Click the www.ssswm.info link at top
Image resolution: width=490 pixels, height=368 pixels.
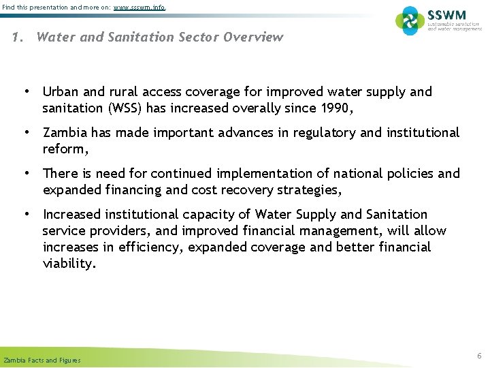click(x=140, y=7)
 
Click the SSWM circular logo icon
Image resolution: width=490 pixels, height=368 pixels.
click(x=410, y=21)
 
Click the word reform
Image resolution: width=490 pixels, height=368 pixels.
click(x=64, y=149)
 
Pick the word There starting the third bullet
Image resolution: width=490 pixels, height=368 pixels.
click(x=60, y=173)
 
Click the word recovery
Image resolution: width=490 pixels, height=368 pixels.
click(x=250, y=189)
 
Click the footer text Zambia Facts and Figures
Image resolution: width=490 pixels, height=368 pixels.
click(x=42, y=361)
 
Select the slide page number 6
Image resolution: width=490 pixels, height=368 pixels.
click(x=479, y=356)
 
